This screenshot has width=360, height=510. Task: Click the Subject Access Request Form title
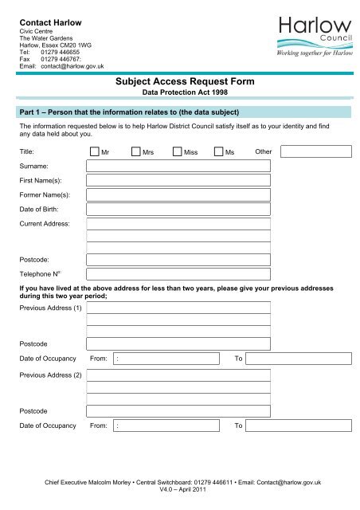point(179,80)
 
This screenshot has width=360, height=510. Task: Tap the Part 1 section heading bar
point(180,109)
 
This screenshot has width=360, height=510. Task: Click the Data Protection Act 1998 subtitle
point(179,93)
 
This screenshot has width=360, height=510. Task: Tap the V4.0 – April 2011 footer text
point(180,491)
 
